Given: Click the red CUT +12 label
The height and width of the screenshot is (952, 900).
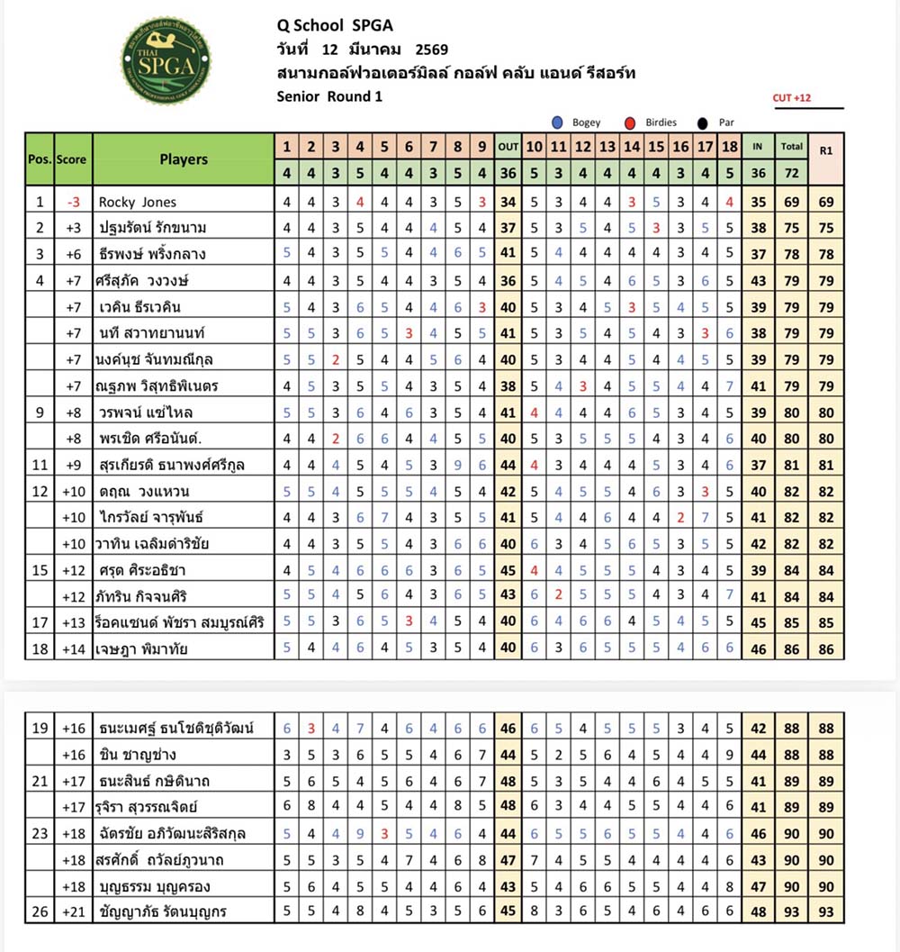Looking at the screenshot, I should (791, 98).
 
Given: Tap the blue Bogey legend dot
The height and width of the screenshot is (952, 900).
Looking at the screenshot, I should (559, 122).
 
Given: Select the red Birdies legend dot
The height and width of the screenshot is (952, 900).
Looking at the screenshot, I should (630, 122).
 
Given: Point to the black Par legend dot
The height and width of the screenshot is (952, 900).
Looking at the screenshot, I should (700, 122).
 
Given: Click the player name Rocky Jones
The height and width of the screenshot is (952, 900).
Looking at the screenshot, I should (137, 202).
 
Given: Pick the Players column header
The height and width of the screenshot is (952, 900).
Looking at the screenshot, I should (184, 159).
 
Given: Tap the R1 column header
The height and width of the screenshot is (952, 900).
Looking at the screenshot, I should (825, 150).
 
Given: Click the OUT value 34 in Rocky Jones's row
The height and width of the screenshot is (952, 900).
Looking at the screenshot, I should (508, 202).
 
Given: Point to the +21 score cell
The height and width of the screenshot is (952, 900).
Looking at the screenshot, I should (73, 911).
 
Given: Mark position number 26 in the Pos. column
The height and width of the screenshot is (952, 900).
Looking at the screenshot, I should (40, 911).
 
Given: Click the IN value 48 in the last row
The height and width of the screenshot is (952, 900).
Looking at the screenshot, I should (758, 911).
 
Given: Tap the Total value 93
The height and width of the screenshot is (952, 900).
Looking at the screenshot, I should (792, 911).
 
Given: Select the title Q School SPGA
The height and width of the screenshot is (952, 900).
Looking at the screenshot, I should (336, 27).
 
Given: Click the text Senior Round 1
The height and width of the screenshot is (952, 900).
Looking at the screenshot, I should (330, 96).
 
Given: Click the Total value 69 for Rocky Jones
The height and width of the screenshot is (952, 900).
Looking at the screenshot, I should (792, 202).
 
